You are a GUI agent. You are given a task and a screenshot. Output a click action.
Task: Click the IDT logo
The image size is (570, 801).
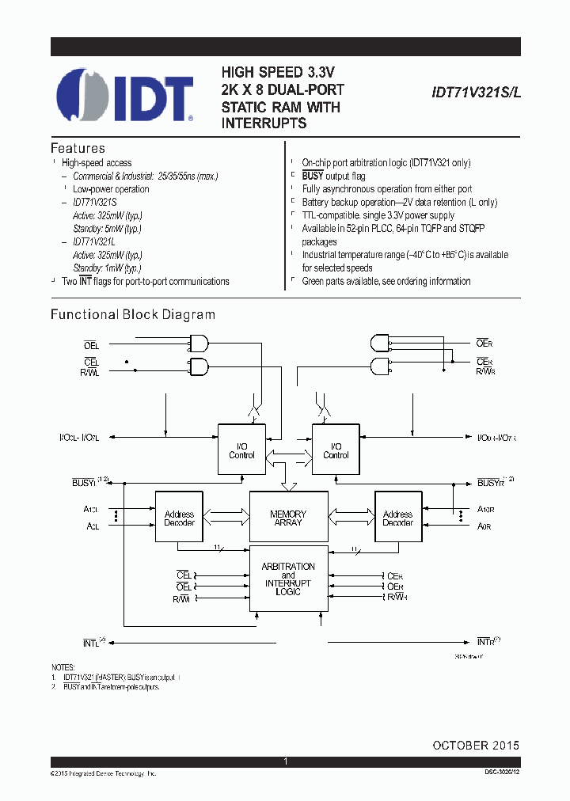click(125, 96)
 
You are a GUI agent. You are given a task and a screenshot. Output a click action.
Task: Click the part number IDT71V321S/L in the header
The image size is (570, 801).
click(477, 93)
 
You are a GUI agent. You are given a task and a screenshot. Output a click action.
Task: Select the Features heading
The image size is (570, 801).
click(78, 148)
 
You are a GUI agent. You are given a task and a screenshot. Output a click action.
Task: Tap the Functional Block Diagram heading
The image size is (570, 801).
click(133, 314)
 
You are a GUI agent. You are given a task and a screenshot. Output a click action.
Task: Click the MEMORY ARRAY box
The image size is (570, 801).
click(288, 518)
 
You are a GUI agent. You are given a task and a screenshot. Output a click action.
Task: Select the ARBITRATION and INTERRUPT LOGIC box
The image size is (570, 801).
click(288, 579)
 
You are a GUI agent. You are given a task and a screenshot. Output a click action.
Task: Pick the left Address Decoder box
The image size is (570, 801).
click(179, 518)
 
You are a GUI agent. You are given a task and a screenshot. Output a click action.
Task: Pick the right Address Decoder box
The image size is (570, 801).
click(397, 518)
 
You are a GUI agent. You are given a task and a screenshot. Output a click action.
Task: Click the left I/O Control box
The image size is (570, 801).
click(241, 450)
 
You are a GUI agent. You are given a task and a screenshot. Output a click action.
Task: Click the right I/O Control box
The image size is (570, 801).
click(336, 450)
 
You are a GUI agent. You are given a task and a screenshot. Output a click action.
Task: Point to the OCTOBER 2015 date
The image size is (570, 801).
click(476, 746)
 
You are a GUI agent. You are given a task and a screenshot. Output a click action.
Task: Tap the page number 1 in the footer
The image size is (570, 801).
click(285, 761)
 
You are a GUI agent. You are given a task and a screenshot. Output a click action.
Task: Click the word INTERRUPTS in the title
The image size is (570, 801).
click(264, 123)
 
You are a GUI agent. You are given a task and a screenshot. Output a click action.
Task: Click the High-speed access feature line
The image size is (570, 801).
click(97, 162)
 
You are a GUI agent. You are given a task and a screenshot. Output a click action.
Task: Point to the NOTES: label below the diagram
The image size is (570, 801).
click(63, 667)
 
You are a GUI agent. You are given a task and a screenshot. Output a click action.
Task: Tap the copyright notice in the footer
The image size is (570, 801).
click(103, 772)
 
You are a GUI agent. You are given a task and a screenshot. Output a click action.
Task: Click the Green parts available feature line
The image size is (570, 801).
click(386, 282)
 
